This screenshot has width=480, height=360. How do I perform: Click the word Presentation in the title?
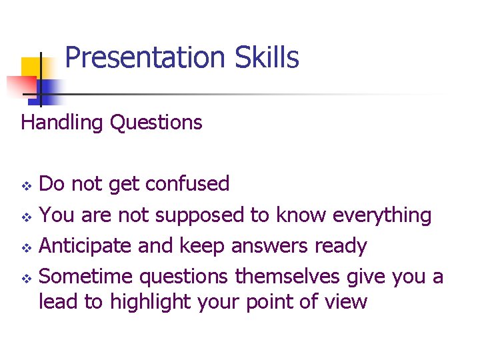pyautogui.click(x=146, y=58)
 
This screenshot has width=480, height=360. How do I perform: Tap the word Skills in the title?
pyautogui.click(x=267, y=58)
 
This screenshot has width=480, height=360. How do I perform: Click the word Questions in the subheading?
pyautogui.click(x=156, y=123)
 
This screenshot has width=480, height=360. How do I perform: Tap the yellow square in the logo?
pyautogui.click(x=32, y=69)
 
